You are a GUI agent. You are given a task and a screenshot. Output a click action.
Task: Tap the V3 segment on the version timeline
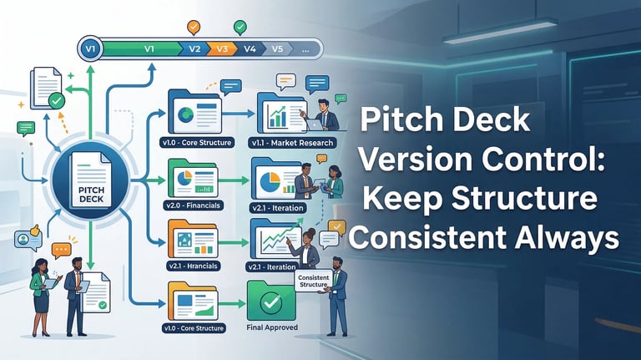pyautogui.click(x=221, y=48)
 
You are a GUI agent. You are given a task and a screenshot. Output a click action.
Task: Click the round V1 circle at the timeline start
pyautogui.click(x=92, y=48)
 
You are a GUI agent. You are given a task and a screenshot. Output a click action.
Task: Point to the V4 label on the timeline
pyautogui.click(x=249, y=48)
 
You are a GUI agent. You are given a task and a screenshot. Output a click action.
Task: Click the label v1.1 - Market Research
pyautogui.click(x=291, y=143)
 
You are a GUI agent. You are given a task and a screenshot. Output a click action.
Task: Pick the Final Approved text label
pyautogui.click(x=272, y=328)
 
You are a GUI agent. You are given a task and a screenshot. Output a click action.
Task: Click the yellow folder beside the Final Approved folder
pyautogui.click(x=193, y=301)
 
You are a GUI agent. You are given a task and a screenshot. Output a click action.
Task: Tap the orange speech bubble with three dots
pyautogui.click(x=61, y=249)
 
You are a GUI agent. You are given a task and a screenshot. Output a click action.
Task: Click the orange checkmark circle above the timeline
pyautogui.click(x=194, y=27)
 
